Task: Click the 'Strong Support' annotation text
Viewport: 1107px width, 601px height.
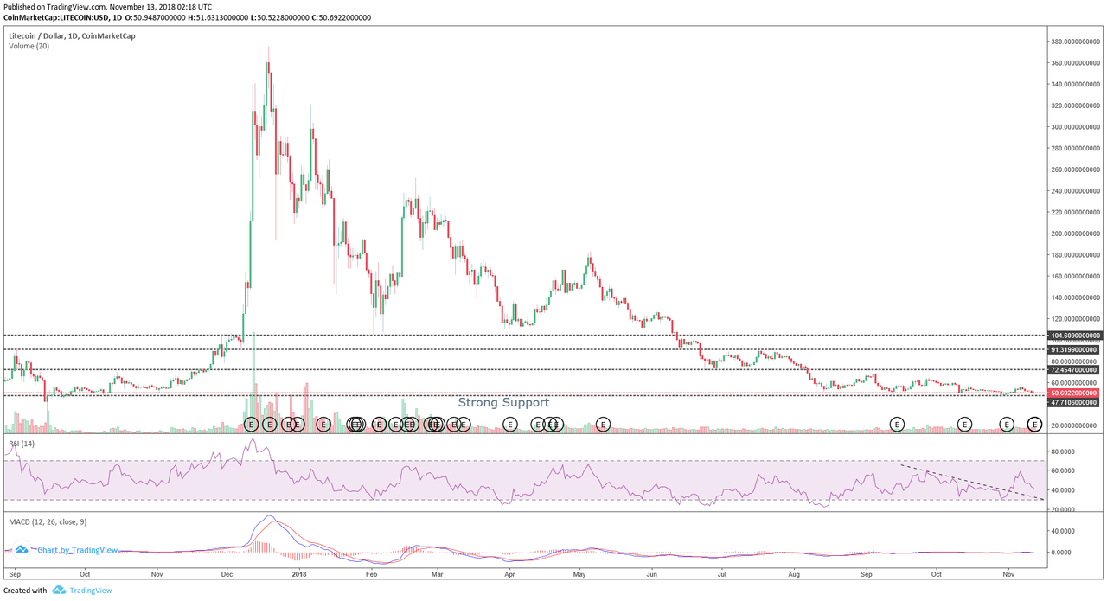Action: tap(503, 402)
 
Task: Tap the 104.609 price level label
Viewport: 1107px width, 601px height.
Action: tap(1076, 335)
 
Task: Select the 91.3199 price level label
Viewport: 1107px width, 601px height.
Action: tap(1076, 349)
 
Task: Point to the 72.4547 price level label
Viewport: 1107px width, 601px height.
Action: tap(1076, 370)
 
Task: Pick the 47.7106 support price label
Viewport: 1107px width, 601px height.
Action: tap(1076, 402)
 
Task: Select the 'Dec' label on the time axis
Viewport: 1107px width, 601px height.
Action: tap(227, 573)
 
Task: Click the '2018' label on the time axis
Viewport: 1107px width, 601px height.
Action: tap(298, 573)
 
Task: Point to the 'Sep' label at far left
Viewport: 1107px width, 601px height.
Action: tap(13, 573)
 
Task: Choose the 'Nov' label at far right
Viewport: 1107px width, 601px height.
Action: tap(1008, 573)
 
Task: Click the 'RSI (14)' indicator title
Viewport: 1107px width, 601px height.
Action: tap(21, 444)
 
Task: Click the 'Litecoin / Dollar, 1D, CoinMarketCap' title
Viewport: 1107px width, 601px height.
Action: tap(72, 35)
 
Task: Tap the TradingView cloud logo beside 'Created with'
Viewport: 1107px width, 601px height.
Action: tap(59, 591)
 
